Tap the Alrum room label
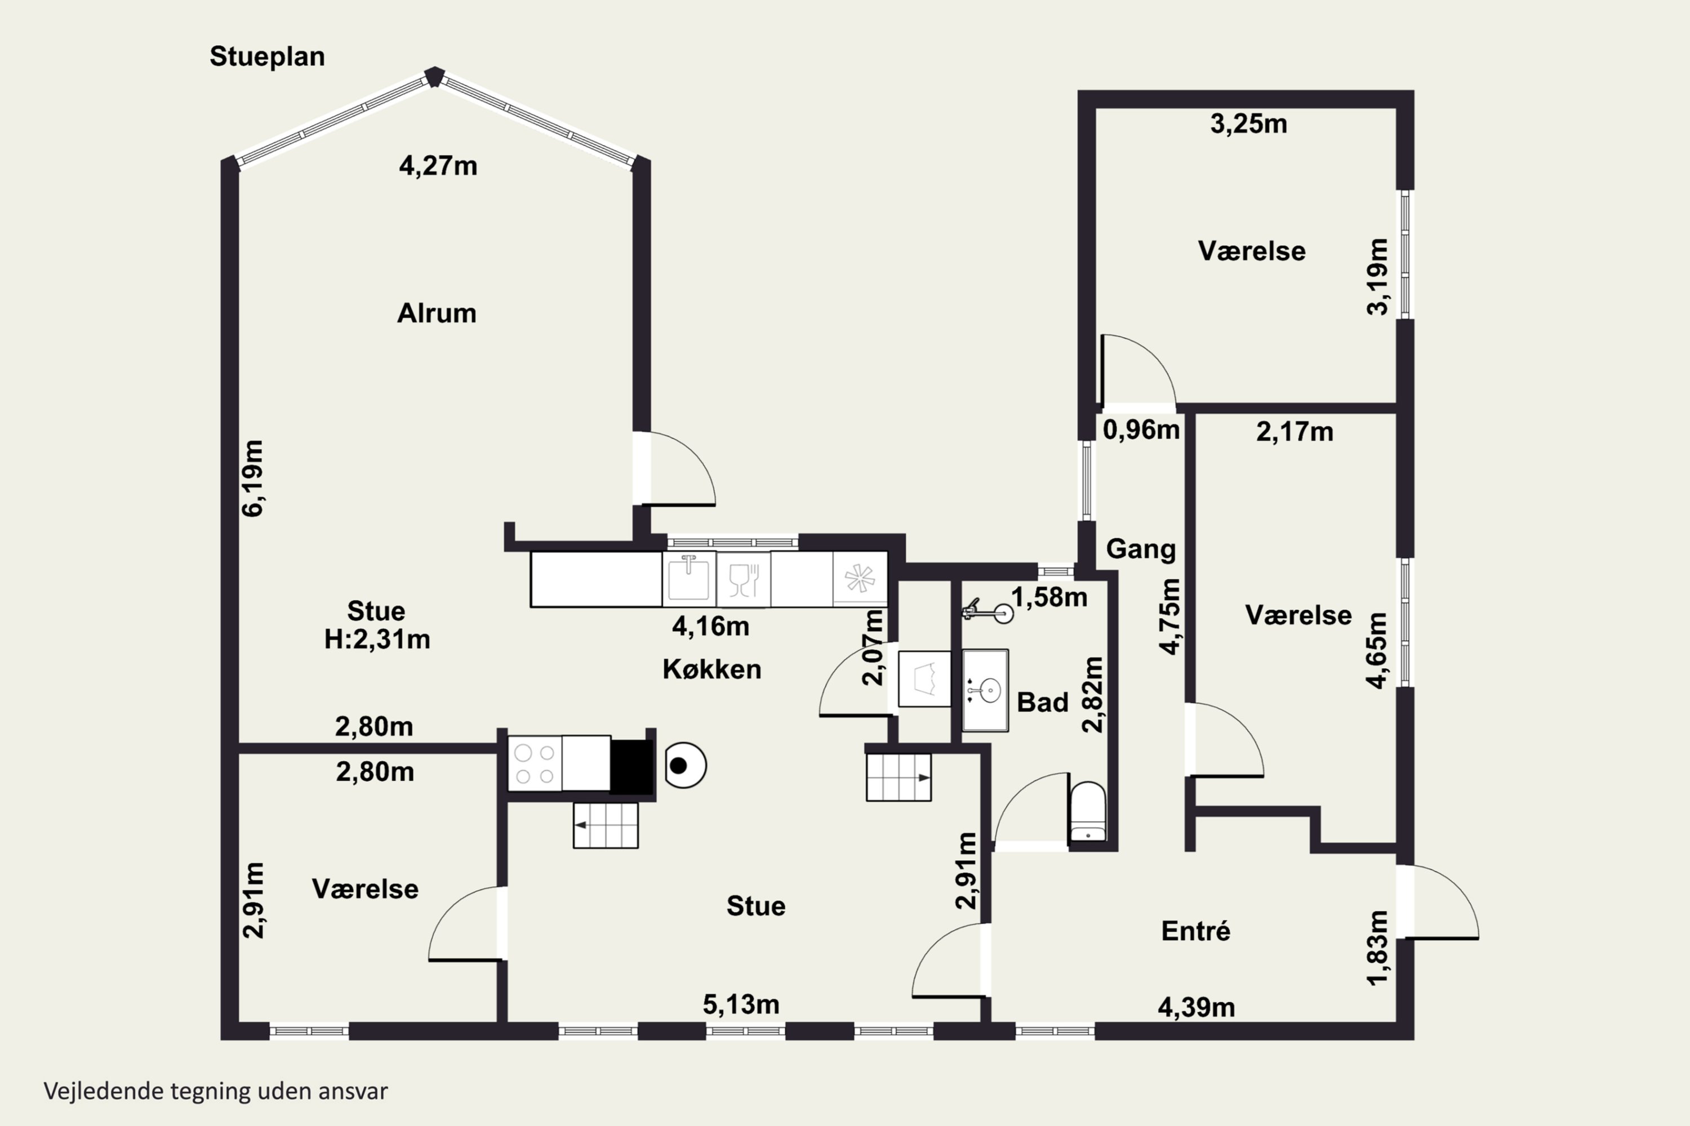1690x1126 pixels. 437,313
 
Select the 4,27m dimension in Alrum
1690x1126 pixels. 438,166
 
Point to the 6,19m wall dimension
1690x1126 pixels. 253,478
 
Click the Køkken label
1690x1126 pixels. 711,669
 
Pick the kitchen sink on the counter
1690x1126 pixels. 688,579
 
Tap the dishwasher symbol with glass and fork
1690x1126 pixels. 744,579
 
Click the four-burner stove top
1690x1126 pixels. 535,764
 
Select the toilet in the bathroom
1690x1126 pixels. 1088,811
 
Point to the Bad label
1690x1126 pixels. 1043,702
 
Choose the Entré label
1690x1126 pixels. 1195,931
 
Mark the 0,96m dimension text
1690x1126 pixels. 1141,430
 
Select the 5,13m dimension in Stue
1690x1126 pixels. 741,1004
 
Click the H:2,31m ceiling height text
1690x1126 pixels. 377,639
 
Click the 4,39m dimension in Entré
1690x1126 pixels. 1197,1008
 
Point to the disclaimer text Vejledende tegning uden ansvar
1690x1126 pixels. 216,1092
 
